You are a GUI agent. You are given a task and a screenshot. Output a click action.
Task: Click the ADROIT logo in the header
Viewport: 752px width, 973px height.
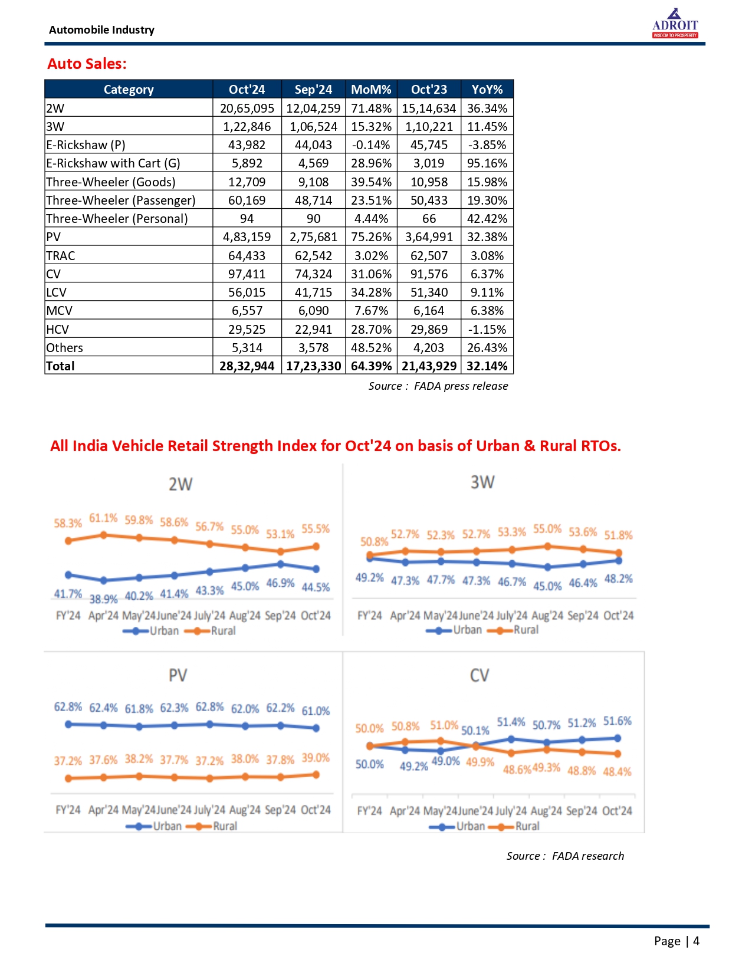[x=675, y=24]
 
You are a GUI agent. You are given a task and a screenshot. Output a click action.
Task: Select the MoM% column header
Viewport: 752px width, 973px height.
[x=371, y=90]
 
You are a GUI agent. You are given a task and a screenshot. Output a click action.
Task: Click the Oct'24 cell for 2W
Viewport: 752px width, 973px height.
[x=247, y=109]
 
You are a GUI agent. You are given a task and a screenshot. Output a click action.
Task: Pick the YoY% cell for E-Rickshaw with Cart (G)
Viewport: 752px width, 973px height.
[x=487, y=163]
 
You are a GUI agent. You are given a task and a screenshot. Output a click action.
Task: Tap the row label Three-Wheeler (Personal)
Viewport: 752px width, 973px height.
[x=117, y=219]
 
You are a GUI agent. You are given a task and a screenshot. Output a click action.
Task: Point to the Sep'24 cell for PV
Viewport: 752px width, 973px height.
[x=313, y=237]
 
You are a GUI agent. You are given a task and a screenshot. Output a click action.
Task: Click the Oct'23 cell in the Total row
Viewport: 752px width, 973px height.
[x=429, y=366]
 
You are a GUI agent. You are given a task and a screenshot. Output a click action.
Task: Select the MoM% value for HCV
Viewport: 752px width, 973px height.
[x=371, y=330]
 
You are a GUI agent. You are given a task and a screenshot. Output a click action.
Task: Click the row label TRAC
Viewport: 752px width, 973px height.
[x=61, y=256]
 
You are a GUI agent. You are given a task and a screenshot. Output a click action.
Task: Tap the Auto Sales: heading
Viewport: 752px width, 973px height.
[x=87, y=64]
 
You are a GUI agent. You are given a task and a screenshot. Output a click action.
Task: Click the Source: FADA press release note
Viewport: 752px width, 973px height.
[x=438, y=386]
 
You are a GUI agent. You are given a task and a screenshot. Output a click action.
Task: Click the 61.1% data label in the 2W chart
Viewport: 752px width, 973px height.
[x=103, y=518]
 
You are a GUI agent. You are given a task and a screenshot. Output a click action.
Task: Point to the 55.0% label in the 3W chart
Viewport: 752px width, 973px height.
[x=547, y=529]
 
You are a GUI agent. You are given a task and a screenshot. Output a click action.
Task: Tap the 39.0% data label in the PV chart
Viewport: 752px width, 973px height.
[x=316, y=758]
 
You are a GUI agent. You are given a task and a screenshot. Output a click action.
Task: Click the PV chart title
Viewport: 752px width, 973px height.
[x=178, y=675]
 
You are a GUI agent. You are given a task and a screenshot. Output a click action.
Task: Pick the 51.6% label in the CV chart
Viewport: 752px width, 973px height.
[x=617, y=721]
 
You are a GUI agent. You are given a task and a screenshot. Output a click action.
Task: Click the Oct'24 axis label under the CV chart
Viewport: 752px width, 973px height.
[x=616, y=811]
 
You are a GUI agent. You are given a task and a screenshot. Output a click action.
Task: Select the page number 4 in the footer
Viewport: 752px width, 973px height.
[x=696, y=941]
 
